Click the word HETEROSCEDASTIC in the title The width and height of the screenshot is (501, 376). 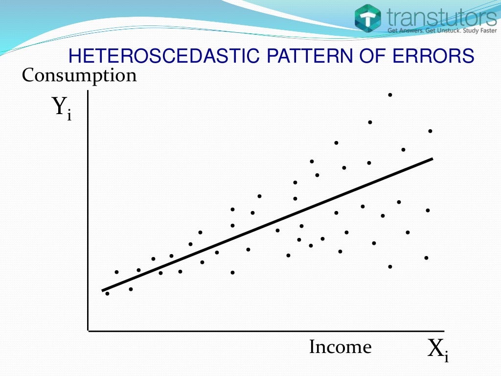pyautogui.click(x=163, y=56)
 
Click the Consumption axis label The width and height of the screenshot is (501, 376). pyautogui.click(x=79, y=76)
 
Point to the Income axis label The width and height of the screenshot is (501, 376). pyautogui.click(x=340, y=347)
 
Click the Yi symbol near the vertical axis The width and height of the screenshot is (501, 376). pyautogui.click(x=62, y=108)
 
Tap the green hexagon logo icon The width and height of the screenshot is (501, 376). pyautogui.click(x=368, y=19)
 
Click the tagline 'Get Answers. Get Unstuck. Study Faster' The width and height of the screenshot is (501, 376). pyautogui.click(x=442, y=31)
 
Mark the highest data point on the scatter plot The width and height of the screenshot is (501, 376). pyautogui.click(x=390, y=94)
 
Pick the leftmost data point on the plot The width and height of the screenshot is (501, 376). pyautogui.click(x=107, y=293)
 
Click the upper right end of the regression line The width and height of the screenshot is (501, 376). pyautogui.click(x=432, y=159)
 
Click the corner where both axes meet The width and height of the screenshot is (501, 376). pyautogui.click(x=89, y=331)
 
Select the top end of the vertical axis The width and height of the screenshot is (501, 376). pyautogui.click(x=88, y=92)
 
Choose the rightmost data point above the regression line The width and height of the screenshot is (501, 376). pyautogui.click(x=430, y=131)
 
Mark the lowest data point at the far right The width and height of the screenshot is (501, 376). pyautogui.click(x=426, y=258)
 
